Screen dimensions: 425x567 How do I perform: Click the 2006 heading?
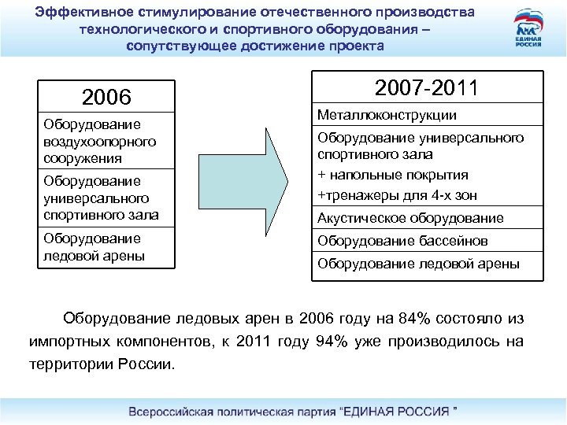coord(106,98)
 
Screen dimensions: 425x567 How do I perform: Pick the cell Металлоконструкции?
coord(387,116)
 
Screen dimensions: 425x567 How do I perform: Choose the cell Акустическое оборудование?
coord(409,218)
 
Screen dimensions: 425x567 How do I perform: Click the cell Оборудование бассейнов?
coord(402,241)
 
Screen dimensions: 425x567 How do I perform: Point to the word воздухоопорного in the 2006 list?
coord(100,142)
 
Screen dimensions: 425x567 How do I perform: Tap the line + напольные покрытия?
coord(393,175)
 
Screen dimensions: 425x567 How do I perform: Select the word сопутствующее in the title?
coord(182,46)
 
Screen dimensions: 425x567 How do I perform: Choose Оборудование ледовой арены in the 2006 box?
coord(94,247)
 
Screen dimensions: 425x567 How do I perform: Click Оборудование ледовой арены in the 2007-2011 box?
coord(418,264)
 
